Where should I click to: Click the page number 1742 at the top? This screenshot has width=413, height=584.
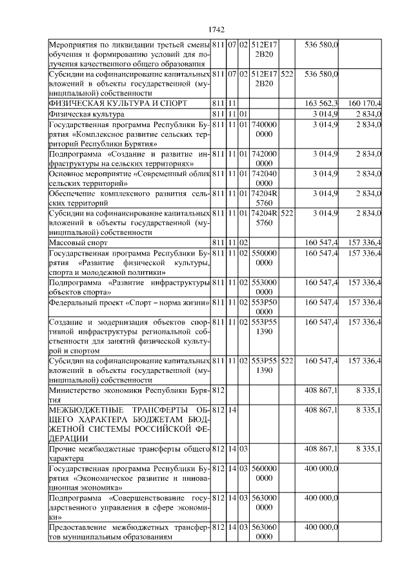(x=216, y=30)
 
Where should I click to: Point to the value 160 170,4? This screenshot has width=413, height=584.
(x=364, y=103)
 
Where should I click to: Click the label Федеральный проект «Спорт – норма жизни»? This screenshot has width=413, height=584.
(x=129, y=302)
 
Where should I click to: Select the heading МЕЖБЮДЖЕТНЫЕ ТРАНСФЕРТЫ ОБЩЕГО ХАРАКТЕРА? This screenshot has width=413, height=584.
(x=129, y=424)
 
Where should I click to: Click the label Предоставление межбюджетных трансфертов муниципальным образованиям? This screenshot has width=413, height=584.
(x=129, y=532)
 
